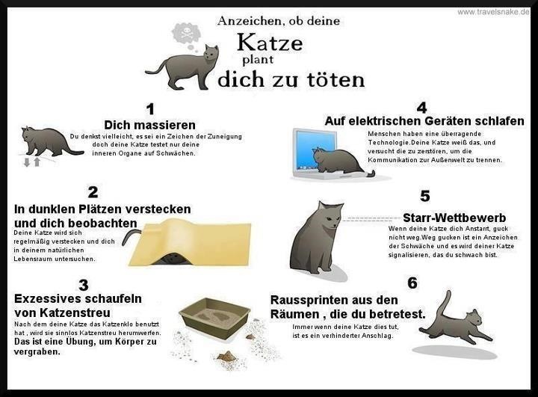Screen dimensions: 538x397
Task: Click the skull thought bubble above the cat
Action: coord(185,34)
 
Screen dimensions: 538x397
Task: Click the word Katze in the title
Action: coord(270,43)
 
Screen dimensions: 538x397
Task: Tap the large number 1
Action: coord(150,109)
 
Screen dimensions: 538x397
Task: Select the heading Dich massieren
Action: coord(149,125)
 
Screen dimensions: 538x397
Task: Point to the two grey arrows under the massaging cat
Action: coord(32,161)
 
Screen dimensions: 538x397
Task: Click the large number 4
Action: coord(421,108)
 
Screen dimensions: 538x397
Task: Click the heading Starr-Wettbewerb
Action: coord(454,218)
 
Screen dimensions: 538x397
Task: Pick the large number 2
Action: coord(93,192)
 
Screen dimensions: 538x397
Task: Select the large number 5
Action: coord(424,196)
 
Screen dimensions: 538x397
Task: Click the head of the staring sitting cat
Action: coord(330,215)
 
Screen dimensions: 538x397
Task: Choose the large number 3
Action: coord(84,286)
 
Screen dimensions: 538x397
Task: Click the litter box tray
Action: coord(215,318)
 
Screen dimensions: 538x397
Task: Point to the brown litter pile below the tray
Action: coord(227,356)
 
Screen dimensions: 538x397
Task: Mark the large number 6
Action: coord(412,283)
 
